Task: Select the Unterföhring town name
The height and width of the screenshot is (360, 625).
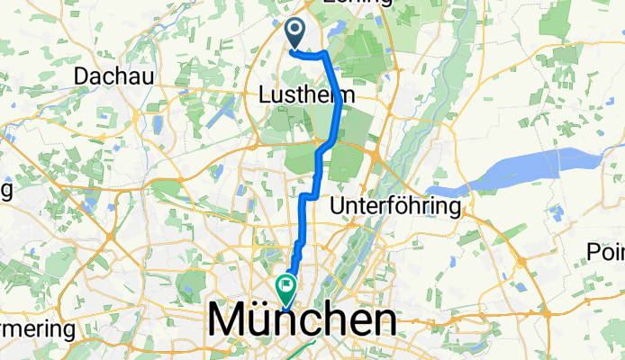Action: coord(396,207)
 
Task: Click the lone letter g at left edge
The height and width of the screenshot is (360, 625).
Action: coord(5,191)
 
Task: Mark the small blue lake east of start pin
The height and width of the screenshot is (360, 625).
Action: coord(335,32)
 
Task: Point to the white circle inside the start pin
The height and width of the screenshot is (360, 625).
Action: coord(295,30)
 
